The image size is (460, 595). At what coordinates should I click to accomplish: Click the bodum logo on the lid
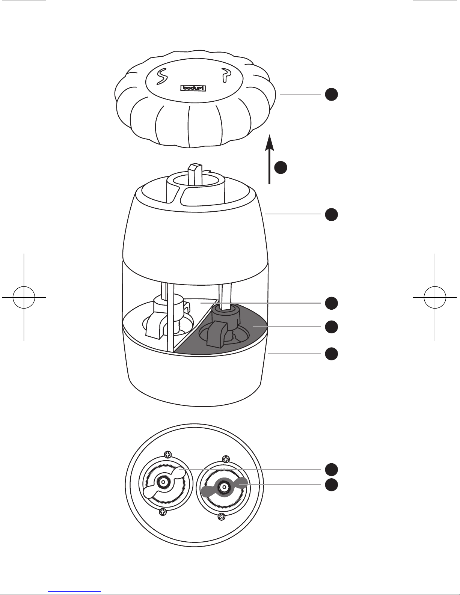pyautogui.click(x=193, y=88)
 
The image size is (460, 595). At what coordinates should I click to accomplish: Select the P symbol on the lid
pyautogui.click(x=226, y=75)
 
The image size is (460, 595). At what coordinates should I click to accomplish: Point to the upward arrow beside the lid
pyautogui.click(x=270, y=159)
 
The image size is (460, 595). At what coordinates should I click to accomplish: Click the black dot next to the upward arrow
pyautogui.click(x=281, y=167)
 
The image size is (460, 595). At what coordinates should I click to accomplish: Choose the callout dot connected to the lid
pyautogui.click(x=331, y=94)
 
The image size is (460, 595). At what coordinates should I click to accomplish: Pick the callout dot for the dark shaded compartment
pyautogui.click(x=331, y=327)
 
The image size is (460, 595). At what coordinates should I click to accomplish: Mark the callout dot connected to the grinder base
pyautogui.click(x=331, y=354)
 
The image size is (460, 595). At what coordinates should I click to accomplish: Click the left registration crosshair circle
pyautogui.click(x=24, y=297)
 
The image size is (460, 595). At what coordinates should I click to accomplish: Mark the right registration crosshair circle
pyautogui.click(x=435, y=297)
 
